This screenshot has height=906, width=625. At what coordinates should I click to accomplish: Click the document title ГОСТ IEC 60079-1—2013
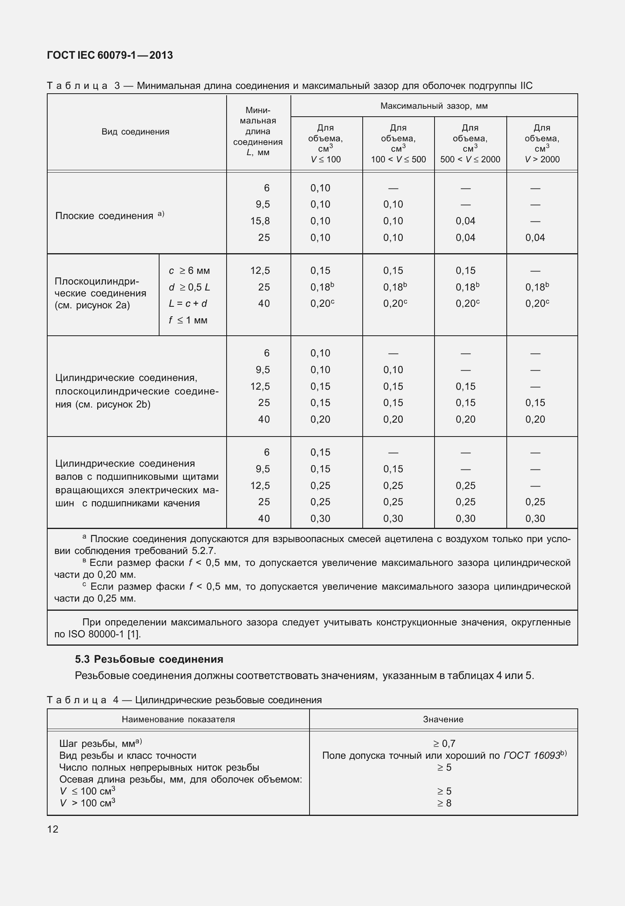(x=110, y=56)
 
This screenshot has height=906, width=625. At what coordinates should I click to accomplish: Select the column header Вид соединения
(x=135, y=132)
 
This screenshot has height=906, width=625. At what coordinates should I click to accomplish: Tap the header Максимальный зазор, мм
(x=434, y=106)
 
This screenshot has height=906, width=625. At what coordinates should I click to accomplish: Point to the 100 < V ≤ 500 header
(x=398, y=159)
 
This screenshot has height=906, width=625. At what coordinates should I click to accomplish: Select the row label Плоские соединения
(x=104, y=216)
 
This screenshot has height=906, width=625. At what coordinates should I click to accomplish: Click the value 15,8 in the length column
(x=260, y=221)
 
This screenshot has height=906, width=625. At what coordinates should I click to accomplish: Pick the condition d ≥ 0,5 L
(x=189, y=287)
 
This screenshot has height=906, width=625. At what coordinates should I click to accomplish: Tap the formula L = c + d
(x=188, y=304)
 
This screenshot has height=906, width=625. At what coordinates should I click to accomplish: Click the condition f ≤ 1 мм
(x=188, y=320)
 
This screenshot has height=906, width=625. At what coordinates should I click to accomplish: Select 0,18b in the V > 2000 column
(x=537, y=287)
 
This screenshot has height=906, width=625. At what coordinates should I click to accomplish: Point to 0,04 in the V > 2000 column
(x=535, y=238)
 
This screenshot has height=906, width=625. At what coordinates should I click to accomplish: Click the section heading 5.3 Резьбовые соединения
(x=149, y=659)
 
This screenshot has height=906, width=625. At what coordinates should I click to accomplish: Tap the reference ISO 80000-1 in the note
(x=96, y=634)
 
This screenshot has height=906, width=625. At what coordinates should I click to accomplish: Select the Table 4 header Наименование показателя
(x=178, y=719)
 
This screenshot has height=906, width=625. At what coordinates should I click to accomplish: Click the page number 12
(x=53, y=829)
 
